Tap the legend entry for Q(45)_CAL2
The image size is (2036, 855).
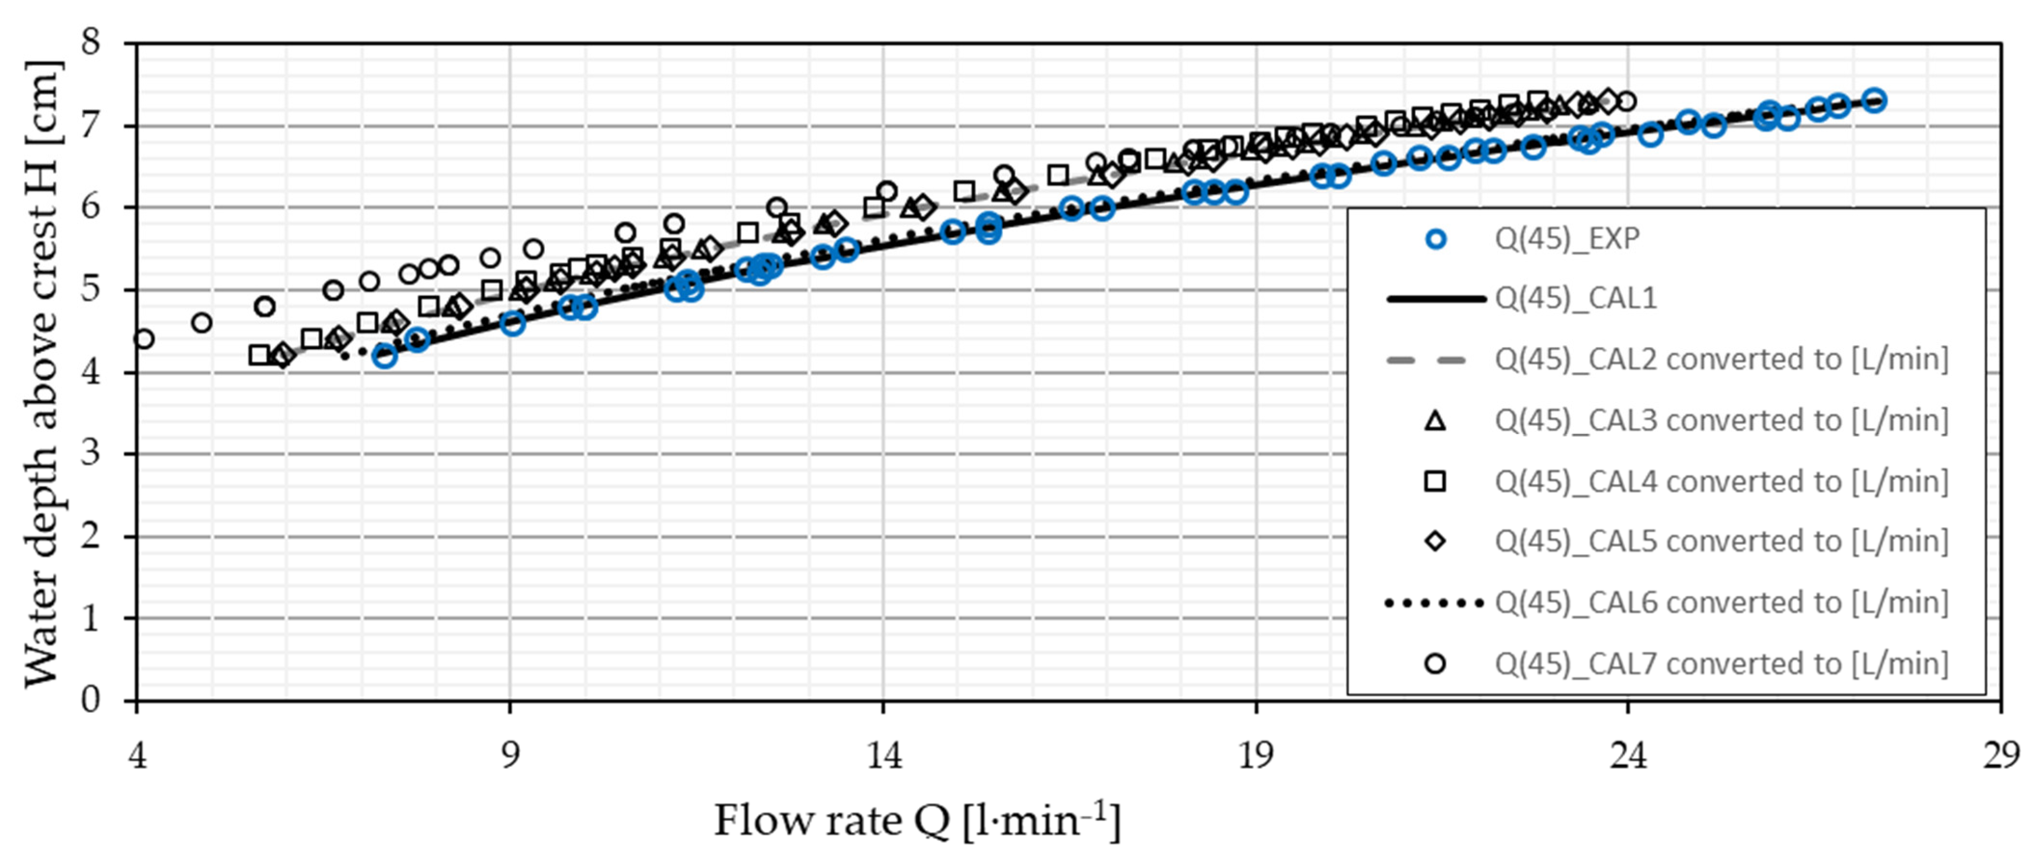coord(1721,360)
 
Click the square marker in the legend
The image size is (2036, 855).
coord(1435,481)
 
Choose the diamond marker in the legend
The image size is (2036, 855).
coord(1435,542)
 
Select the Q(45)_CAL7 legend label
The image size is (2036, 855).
coord(1721,664)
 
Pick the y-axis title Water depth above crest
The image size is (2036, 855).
coord(41,372)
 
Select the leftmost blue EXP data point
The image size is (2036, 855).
coord(385,356)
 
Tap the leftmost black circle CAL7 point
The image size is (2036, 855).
coord(143,339)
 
